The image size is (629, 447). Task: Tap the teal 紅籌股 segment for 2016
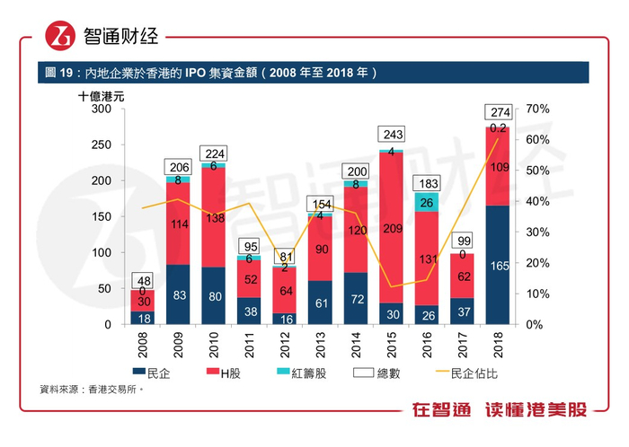[x=427, y=202]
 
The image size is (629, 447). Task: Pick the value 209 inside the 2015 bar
[x=391, y=229]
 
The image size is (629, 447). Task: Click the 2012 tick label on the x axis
[x=285, y=345]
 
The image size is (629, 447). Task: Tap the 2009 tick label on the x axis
[x=179, y=345]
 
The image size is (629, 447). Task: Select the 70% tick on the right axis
[x=539, y=109]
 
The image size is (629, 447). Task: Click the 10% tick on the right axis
[x=539, y=294]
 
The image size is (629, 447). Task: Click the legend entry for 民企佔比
[x=482, y=372]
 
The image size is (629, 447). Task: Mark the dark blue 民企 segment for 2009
[x=179, y=294]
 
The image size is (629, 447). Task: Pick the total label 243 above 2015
[x=391, y=135]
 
